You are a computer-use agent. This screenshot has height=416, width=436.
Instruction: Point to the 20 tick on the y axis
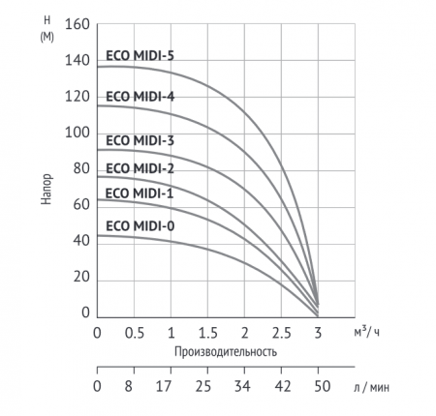pos(80,277)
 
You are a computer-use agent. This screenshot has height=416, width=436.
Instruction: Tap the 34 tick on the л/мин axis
pos(244,386)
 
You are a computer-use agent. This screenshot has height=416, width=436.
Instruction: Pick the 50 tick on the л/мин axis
pos(318,386)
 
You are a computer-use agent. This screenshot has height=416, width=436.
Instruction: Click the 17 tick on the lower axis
pos(171,386)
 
